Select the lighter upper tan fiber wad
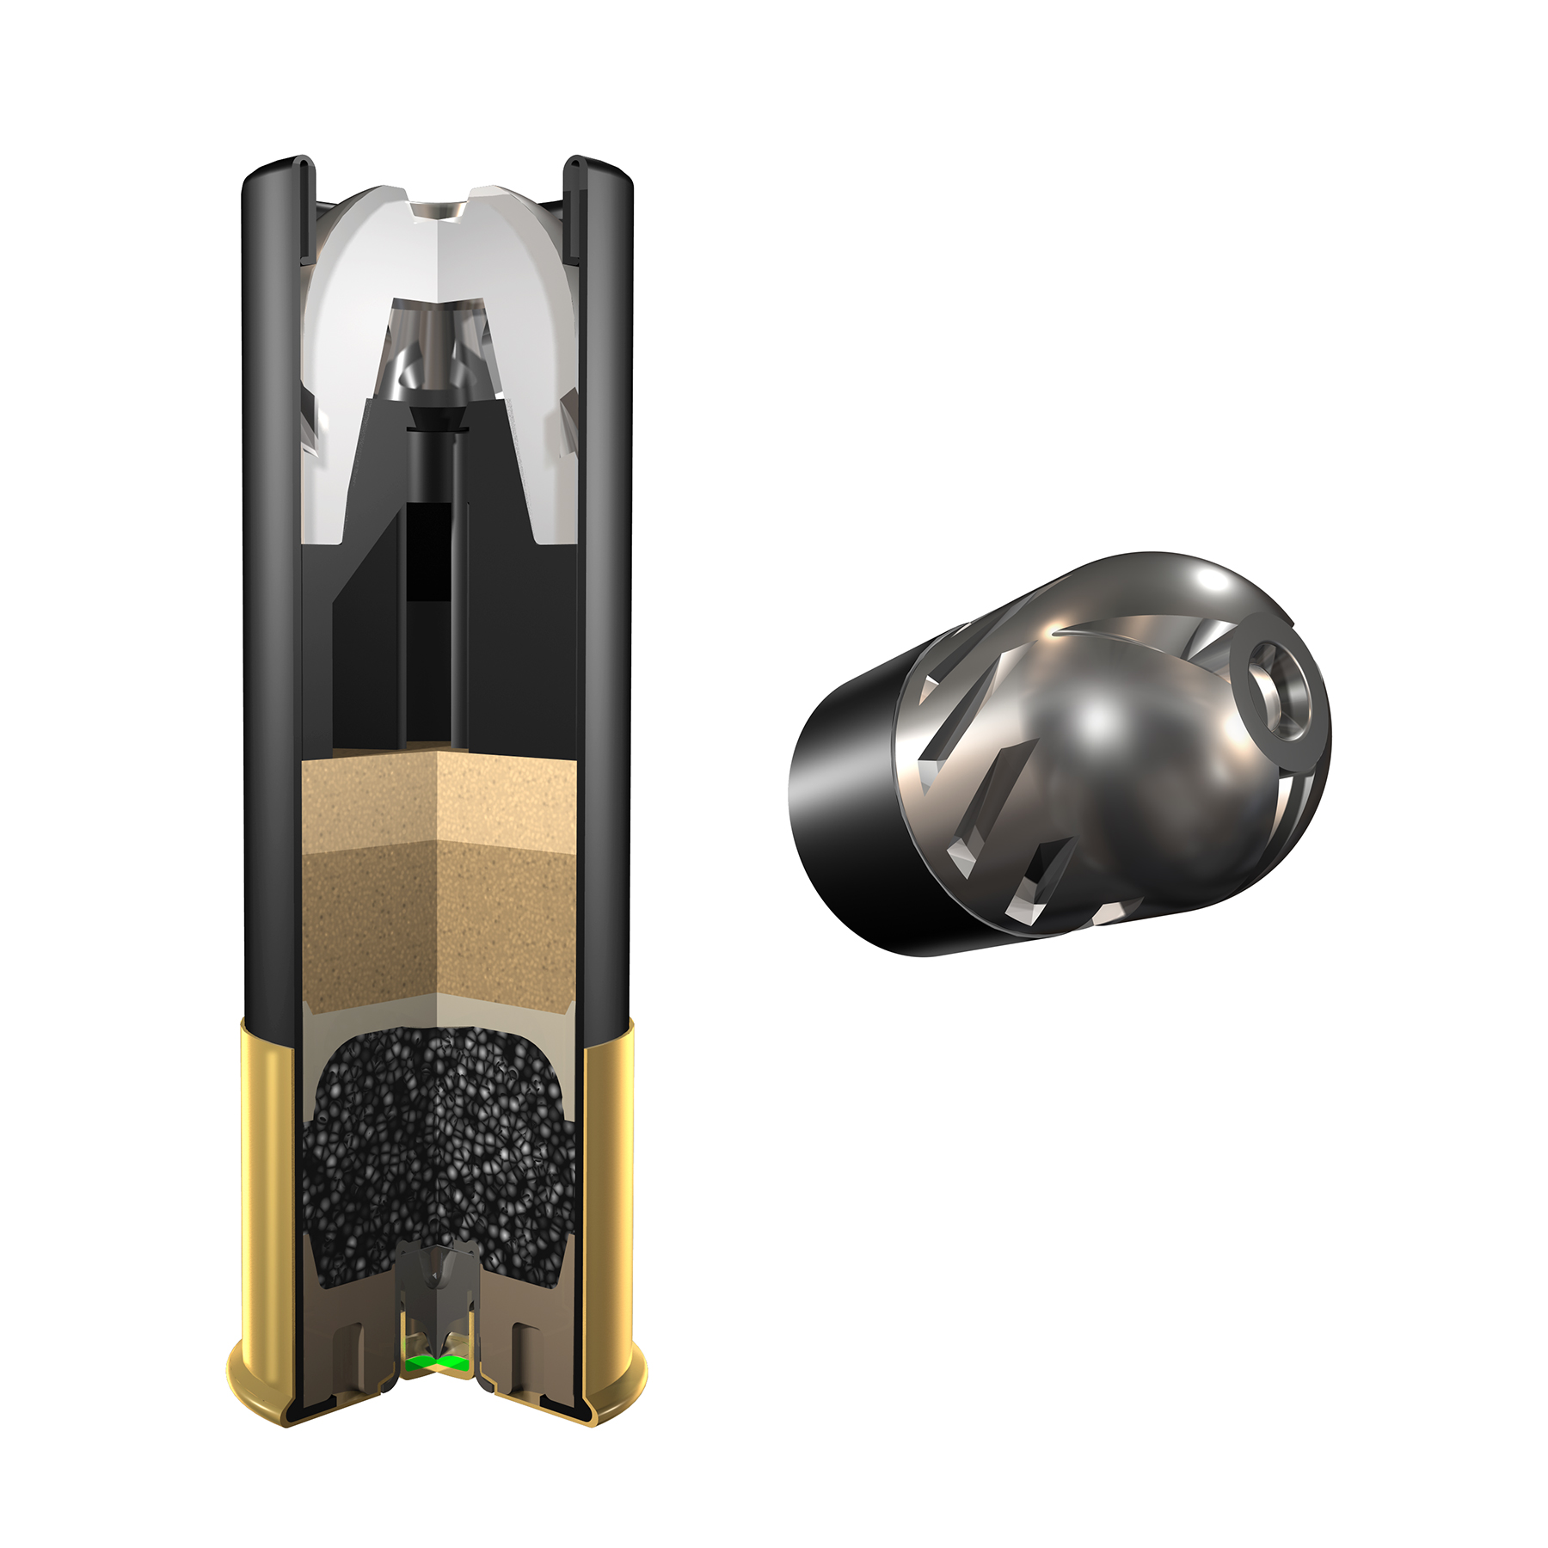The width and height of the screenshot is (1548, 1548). pyautogui.click(x=439, y=800)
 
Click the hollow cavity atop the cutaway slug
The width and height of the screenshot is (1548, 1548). pyautogui.click(x=439, y=211)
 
